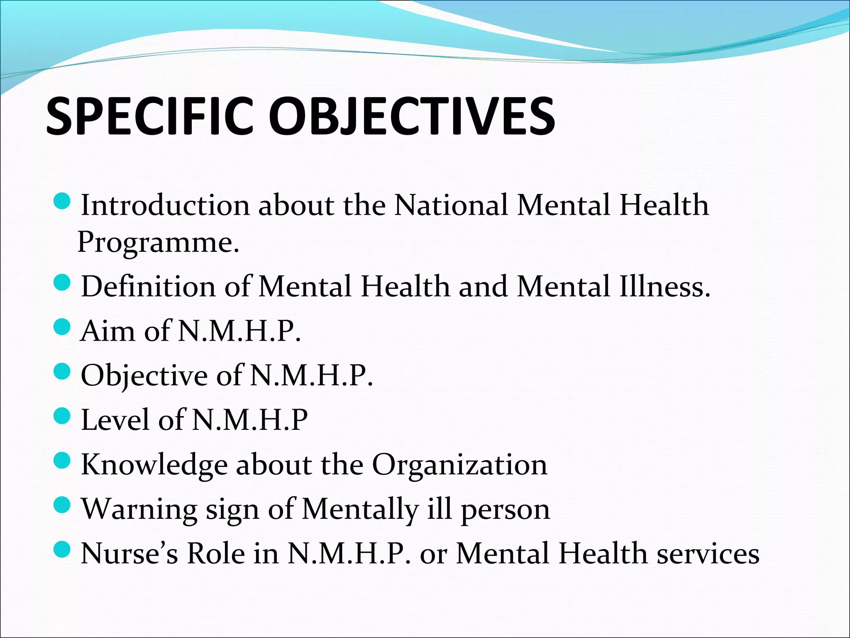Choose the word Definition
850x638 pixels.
pyautogui.click(x=148, y=287)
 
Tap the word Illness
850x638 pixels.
pyautogui.click(x=665, y=287)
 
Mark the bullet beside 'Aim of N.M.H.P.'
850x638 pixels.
pyautogui.click(x=63, y=328)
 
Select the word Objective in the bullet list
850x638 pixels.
pyautogui.click(x=144, y=376)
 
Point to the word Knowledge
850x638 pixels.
pyautogui.click(x=154, y=465)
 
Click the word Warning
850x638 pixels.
pyautogui.click(x=139, y=509)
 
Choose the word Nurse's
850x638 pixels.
pyautogui.click(x=129, y=553)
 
